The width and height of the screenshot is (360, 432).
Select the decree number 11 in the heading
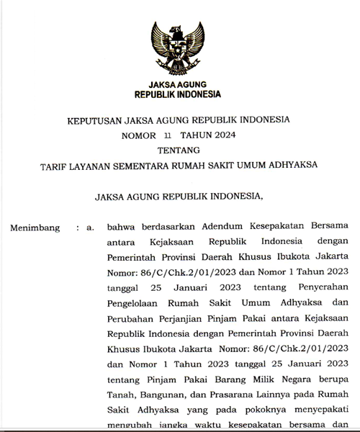[167, 135]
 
